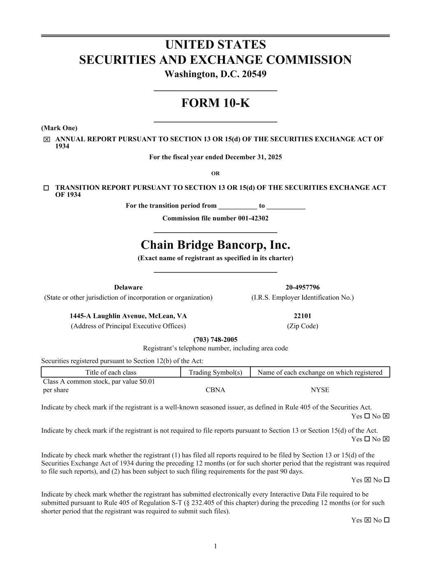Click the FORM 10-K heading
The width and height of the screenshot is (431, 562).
215,103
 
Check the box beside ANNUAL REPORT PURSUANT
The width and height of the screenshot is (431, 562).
46,140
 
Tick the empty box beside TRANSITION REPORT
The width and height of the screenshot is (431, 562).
46,188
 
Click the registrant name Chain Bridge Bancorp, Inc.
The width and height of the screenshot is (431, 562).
215,245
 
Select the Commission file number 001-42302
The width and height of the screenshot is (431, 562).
215,218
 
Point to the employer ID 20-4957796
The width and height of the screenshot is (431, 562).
302,287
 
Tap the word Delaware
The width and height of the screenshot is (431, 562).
128,287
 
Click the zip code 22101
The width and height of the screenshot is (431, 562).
302,316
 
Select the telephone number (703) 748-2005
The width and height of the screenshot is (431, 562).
215,340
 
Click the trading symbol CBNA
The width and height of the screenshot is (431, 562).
215,390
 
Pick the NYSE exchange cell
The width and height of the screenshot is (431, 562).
320,390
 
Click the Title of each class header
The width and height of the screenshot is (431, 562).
111,373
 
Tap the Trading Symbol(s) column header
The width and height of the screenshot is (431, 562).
215,373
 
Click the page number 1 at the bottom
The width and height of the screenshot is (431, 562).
215,546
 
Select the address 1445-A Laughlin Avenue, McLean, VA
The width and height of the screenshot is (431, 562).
128,316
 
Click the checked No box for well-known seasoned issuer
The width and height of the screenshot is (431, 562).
386,416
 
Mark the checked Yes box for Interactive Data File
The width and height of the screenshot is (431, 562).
368,520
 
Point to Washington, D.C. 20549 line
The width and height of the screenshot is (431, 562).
215,75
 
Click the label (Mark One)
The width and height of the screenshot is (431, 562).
59,128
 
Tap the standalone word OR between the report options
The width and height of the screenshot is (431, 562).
215,173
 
